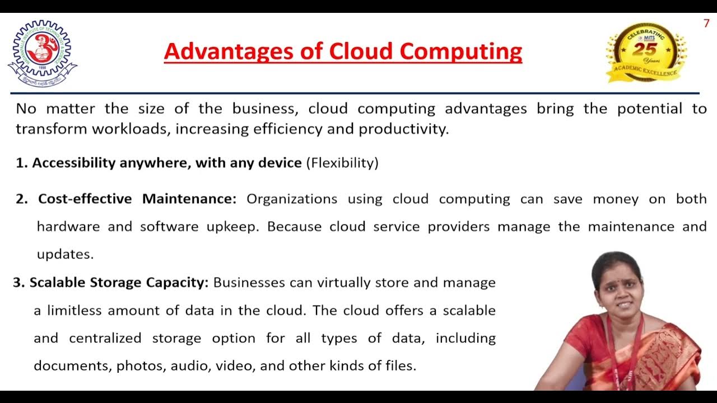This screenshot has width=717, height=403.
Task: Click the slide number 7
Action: click(706, 24)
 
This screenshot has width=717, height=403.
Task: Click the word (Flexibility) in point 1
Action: click(342, 163)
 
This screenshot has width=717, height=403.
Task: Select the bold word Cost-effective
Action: click(85, 199)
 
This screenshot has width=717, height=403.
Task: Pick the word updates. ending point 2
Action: click(65, 254)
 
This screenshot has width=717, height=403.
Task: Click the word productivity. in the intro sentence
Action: click(404, 129)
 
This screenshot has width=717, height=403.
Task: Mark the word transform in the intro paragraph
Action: click(51, 129)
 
